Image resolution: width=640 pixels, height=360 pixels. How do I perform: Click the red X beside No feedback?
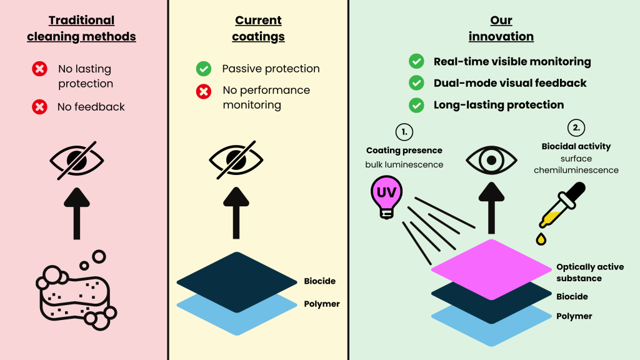point(39,107)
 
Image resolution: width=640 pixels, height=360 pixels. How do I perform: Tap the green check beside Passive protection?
point(204,69)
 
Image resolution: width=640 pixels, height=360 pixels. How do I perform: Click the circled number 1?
point(404,131)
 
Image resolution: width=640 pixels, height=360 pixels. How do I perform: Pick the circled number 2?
point(576,128)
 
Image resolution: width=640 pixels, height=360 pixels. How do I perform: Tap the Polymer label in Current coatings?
point(322,304)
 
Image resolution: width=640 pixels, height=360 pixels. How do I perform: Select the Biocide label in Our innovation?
point(572,296)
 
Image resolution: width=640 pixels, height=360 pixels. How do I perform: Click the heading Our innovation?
point(501,29)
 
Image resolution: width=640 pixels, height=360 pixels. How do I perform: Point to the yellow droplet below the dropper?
point(541,239)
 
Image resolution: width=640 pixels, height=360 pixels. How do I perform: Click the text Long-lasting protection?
point(499,105)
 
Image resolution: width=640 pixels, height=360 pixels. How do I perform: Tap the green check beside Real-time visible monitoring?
point(416,62)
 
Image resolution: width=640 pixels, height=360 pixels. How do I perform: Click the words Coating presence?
point(404,151)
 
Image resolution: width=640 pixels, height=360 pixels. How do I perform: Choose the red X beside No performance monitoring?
point(204,92)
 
